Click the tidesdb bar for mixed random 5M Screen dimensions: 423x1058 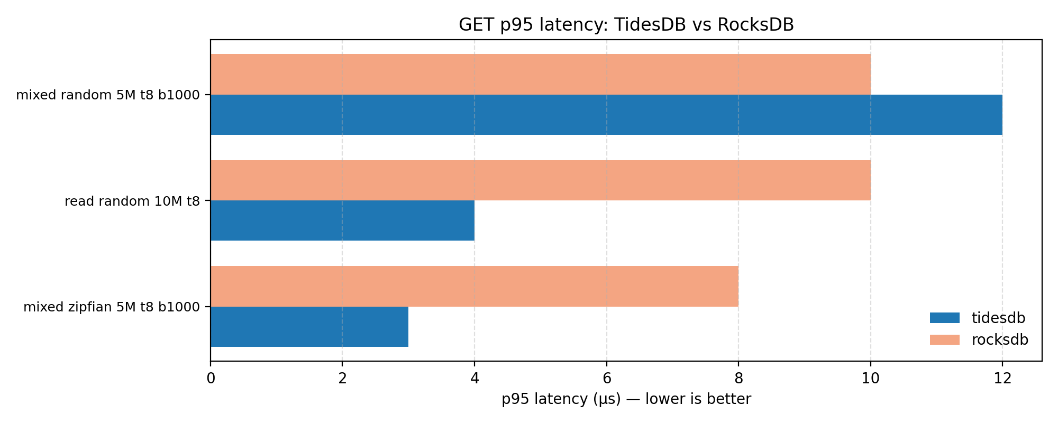[606, 115]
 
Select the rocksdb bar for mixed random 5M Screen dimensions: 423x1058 [540, 74]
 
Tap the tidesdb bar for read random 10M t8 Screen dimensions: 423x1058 [342, 220]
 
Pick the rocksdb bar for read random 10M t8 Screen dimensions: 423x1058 [540, 180]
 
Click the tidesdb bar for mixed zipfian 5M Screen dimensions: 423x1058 [309, 327]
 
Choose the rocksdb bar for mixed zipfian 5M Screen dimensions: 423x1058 [475, 286]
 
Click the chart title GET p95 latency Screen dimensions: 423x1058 [626, 25]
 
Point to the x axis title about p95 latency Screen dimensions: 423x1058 [626, 399]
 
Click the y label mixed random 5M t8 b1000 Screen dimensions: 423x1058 [108, 96]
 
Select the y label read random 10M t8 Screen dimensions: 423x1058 [132, 201]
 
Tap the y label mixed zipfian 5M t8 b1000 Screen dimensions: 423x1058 [112, 307]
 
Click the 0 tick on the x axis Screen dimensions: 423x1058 [211, 378]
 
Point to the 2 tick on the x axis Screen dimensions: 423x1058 [342, 378]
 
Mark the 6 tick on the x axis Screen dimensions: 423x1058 [606, 378]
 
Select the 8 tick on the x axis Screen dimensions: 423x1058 [738, 378]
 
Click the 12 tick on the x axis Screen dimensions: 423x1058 [1002, 378]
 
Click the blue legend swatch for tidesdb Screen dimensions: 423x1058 [944, 318]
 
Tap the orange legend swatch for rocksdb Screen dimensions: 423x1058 [944, 340]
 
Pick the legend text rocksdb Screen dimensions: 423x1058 [999, 340]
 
